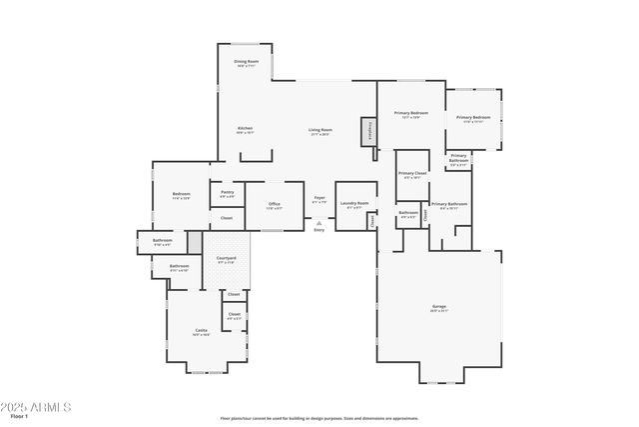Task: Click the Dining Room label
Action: tap(247, 62)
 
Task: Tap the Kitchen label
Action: tap(245, 128)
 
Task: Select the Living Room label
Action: tap(319, 130)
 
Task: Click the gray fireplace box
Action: tap(366, 132)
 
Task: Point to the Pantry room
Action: tap(227, 194)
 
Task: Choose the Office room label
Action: tap(275, 204)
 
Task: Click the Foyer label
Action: tap(319, 198)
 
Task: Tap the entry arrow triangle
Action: tap(319, 222)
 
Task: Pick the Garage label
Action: tap(438, 307)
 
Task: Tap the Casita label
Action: tap(201, 330)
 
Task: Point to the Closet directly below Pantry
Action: tap(227, 218)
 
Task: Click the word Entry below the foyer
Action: tap(319, 231)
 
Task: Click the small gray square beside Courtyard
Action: tap(195, 242)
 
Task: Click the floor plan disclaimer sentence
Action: tap(319, 418)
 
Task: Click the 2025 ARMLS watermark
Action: tap(37, 407)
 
